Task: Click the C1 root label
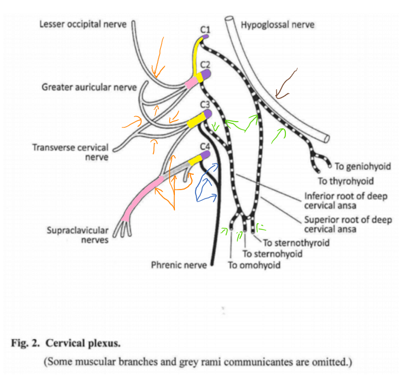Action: tap(205, 30)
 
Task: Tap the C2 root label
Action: tap(205, 64)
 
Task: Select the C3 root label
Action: tap(205, 105)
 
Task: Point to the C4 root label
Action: tap(205, 146)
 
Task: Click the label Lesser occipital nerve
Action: tap(83, 24)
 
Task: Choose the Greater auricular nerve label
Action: tap(89, 87)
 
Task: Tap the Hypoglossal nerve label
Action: tap(278, 25)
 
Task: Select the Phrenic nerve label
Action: tap(179, 265)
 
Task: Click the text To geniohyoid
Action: tap(363, 167)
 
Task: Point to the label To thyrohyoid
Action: tap(346, 181)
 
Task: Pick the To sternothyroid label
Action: tap(296, 243)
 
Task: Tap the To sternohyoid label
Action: tap(272, 254)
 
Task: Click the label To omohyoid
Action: tap(254, 265)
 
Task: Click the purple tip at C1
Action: tap(206, 37)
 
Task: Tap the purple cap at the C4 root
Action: tap(206, 155)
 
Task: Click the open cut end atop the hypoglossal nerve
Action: tap(229, 19)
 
